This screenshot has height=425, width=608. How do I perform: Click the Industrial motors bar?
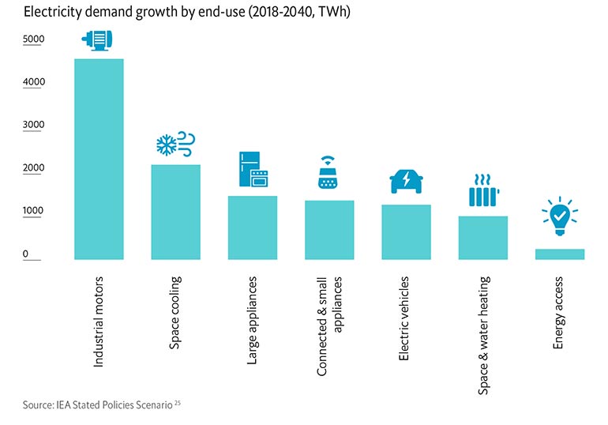point(99,158)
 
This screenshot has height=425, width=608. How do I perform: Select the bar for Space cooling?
point(175,211)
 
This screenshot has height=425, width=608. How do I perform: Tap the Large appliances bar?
point(253,227)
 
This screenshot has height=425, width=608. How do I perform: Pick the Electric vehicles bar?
point(407,231)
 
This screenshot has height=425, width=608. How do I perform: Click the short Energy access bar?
point(560,254)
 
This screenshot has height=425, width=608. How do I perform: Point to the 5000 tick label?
point(34,39)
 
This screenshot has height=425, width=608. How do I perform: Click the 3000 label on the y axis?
point(34,125)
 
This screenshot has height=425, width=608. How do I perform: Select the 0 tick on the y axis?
point(25,254)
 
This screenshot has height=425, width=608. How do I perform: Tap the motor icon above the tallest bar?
point(99,42)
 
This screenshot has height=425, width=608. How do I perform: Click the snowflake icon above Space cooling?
point(167,145)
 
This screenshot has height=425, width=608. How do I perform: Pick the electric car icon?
point(407,182)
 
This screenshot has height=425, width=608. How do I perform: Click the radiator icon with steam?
point(482,191)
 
